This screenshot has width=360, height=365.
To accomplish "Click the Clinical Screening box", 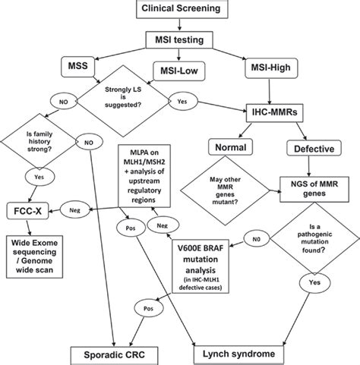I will [179, 9].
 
